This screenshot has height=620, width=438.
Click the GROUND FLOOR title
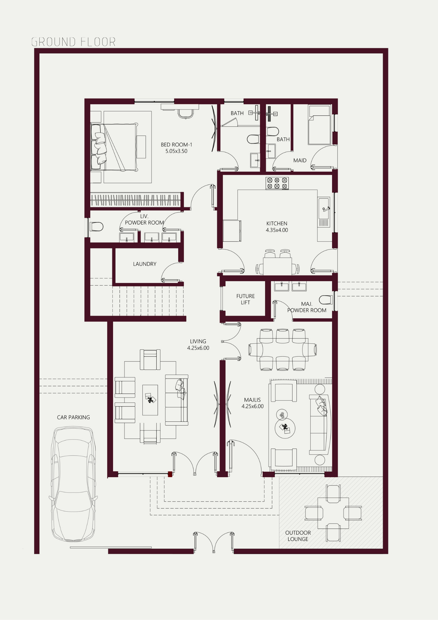[73, 42]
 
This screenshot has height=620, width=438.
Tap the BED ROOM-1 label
[176, 144]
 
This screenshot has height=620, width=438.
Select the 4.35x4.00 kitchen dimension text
[277, 230]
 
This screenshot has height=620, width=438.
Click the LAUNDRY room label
[145, 264]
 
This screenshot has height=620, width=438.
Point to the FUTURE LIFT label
[245, 299]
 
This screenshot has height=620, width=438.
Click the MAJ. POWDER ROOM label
[307, 307]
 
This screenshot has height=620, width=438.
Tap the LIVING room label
[198, 341]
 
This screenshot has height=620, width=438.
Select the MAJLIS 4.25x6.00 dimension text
[252, 406]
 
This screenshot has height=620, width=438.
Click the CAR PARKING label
[73, 417]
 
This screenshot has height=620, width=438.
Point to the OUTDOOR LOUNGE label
[298, 536]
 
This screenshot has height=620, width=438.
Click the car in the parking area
[73, 484]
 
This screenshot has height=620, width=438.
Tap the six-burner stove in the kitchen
[277, 183]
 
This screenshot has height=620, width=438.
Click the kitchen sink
[324, 208]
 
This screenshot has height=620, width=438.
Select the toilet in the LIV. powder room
[96, 227]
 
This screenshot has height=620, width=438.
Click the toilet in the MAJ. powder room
[326, 300]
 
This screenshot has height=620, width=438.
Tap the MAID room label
[300, 160]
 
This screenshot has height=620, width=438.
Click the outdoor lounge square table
[333, 513]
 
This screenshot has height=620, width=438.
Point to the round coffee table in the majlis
[285, 428]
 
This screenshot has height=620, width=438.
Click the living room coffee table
[150, 400]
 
